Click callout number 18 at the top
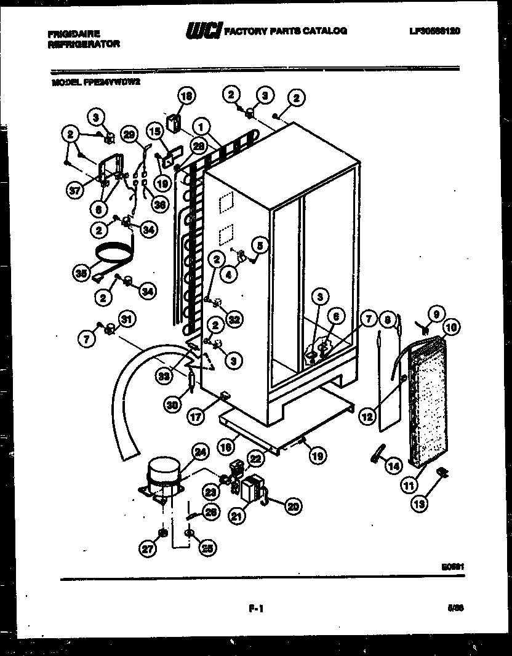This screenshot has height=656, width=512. (x=186, y=95)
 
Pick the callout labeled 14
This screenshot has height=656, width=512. (x=393, y=466)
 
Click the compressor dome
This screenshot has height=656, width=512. (x=165, y=471)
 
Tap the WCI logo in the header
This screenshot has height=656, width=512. (x=203, y=30)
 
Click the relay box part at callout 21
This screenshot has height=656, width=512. (x=251, y=490)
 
